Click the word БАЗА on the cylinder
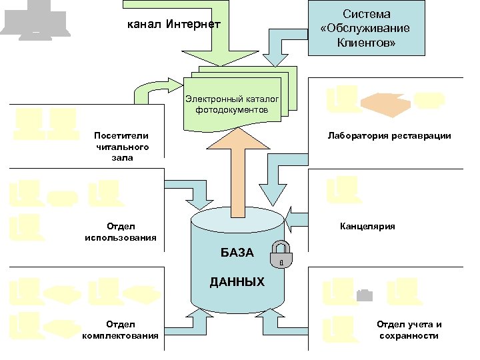pyautogui.click(x=237, y=253)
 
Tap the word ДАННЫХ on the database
pyautogui.click(x=237, y=282)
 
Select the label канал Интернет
pyautogui.click(x=173, y=25)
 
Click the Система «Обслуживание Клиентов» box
pyautogui.click(x=375, y=28)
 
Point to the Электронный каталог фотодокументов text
pyautogui.click(x=233, y=103)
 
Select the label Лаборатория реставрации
pyautogui.click(x=389, y=135)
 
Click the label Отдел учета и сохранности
pyautogui.click(x=409, y=330)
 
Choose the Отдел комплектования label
pyautogui.click(x=121, y=330)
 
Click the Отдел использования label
pyautogui.click(x=121, y=231)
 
